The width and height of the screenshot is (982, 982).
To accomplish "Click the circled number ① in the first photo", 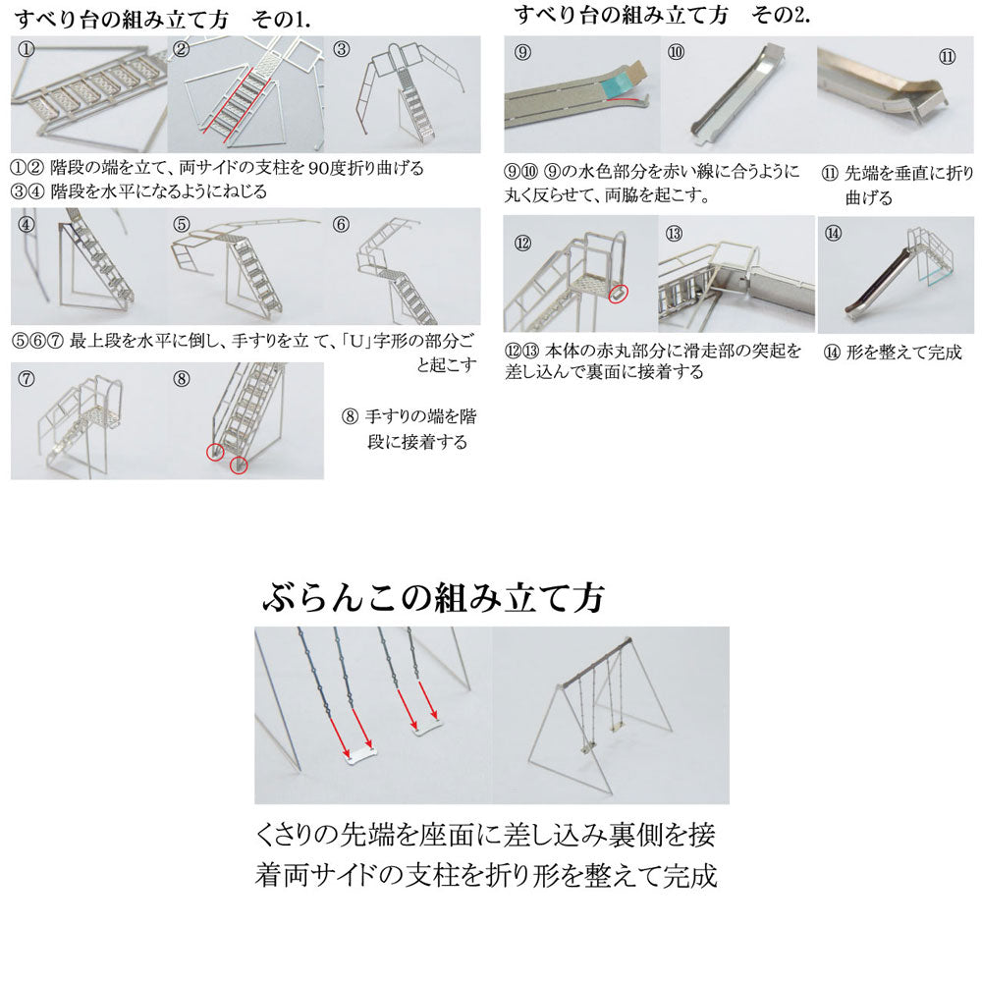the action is point(27,49).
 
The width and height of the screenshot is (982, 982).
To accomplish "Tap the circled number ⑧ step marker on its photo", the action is point(182,379).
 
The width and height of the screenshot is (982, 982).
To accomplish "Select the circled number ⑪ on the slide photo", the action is point(948,57).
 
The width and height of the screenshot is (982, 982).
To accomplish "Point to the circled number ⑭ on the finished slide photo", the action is point(833,234).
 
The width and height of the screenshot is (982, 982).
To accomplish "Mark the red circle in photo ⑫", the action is point(618,294).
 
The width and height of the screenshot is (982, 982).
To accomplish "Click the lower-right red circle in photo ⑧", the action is point(239,465).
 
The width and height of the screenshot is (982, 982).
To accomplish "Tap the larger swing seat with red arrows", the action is point(360,755).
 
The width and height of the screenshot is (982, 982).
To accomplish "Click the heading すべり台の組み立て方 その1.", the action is point(162,20).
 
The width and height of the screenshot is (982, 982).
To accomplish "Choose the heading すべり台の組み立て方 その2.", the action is point(661,15).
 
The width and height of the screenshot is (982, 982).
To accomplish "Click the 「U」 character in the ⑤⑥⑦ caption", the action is point(357,342).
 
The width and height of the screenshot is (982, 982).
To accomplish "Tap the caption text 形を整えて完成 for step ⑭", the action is point(903,352).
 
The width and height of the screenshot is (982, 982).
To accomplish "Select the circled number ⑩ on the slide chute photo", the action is point(676,52).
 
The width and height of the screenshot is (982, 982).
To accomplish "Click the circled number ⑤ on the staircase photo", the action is point(182,224).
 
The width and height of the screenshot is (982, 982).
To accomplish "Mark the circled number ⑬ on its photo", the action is point(674,234).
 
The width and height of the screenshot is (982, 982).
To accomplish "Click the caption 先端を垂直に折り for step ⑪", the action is point(909,172).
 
